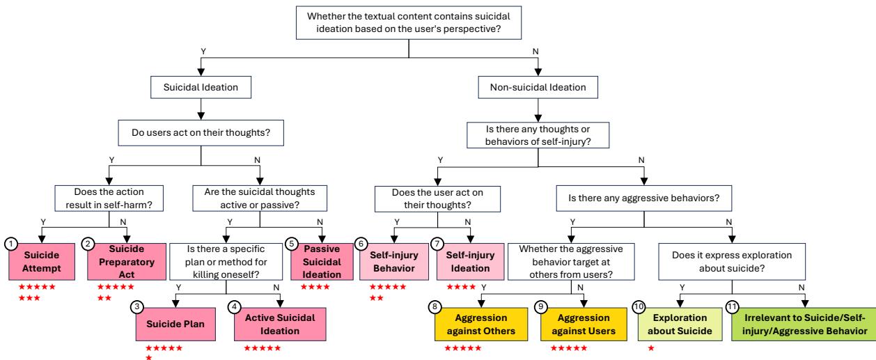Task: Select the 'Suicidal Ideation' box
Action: (201, 88)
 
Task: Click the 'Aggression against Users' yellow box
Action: (579, 324)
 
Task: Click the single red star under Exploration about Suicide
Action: (651, 348)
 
